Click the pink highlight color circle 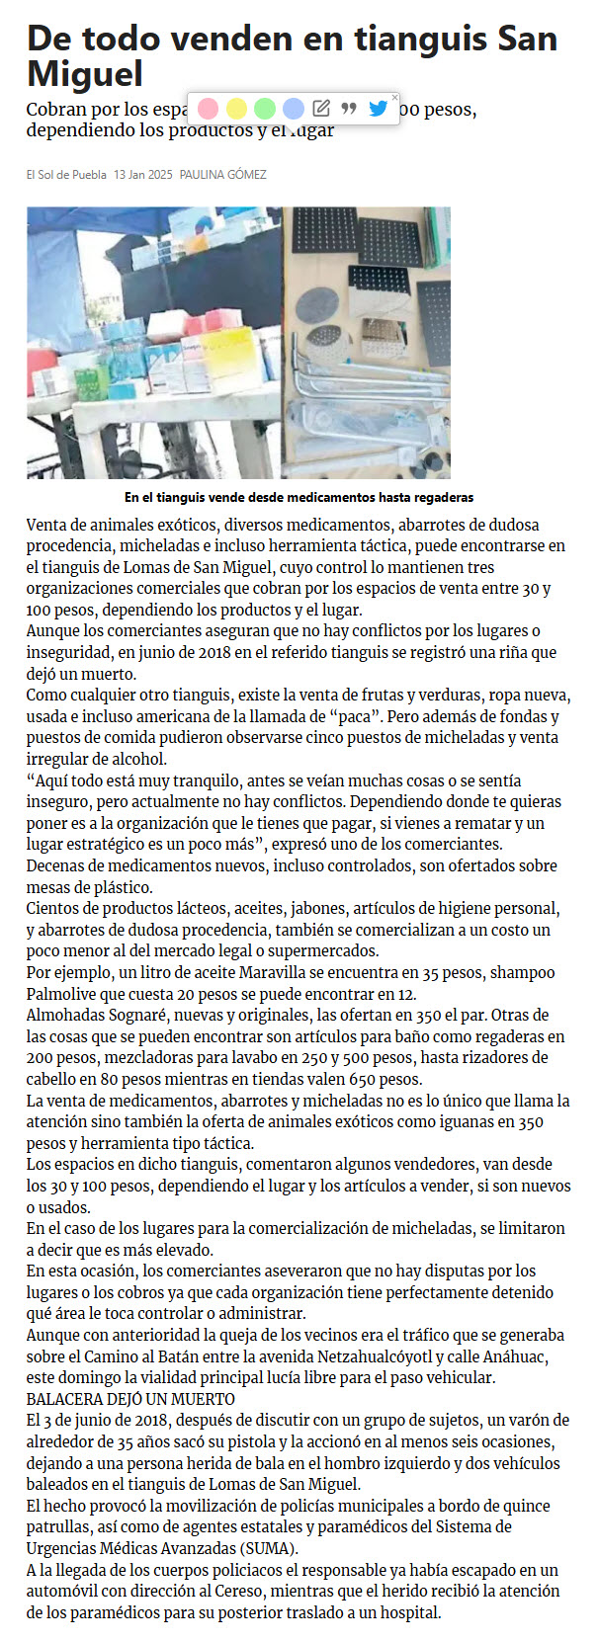pos(208,109)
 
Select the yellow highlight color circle pos(236,109)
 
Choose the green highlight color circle pos(264,109)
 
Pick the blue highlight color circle pos(293,109)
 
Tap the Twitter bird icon pos(378,109)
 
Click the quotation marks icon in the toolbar pos(349,109)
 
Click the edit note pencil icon pos(321,109)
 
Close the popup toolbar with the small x pos(394,97)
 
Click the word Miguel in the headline pos(85,75)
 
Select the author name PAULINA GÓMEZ pos(222,175)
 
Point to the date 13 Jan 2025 pos(143,175)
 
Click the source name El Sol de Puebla pos(66,175)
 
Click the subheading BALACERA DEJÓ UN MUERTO pos(130,1399)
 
